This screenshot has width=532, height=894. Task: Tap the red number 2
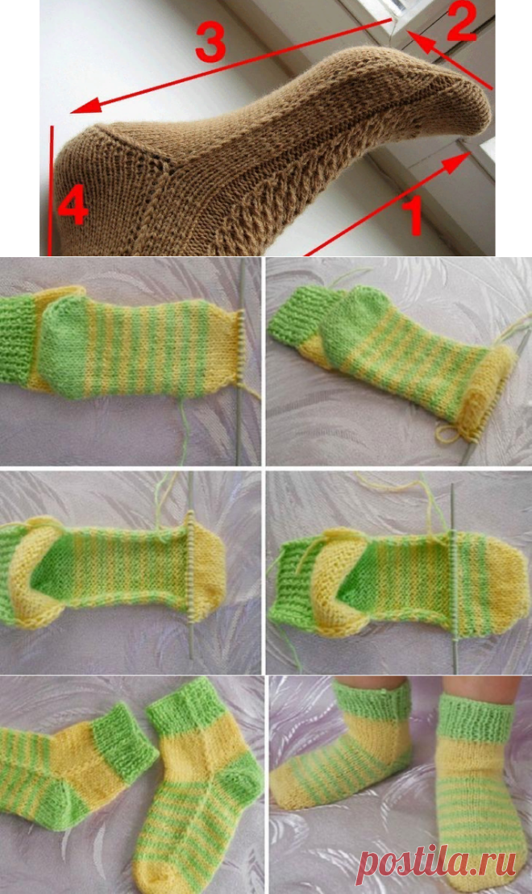tap(461, 22)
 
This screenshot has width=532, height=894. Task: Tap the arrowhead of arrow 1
tap(456, 163)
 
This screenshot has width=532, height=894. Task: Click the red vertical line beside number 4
tap(52, 190)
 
